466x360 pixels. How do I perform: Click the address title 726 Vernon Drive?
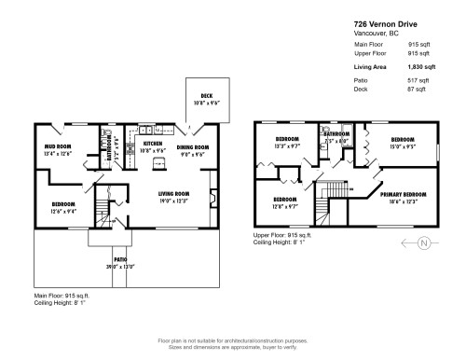point(383,24)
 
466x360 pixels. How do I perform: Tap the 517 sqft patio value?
point(418,81)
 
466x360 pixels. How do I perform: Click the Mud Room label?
point(58,146)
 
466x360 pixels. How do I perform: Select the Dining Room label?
point(193,146)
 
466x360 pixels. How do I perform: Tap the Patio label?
point(119,260)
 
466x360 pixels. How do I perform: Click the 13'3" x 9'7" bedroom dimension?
point(285,145)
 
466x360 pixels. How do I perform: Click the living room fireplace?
point(214,197)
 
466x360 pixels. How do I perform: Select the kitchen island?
point(158,165)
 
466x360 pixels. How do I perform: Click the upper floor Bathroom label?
point(336,135)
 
